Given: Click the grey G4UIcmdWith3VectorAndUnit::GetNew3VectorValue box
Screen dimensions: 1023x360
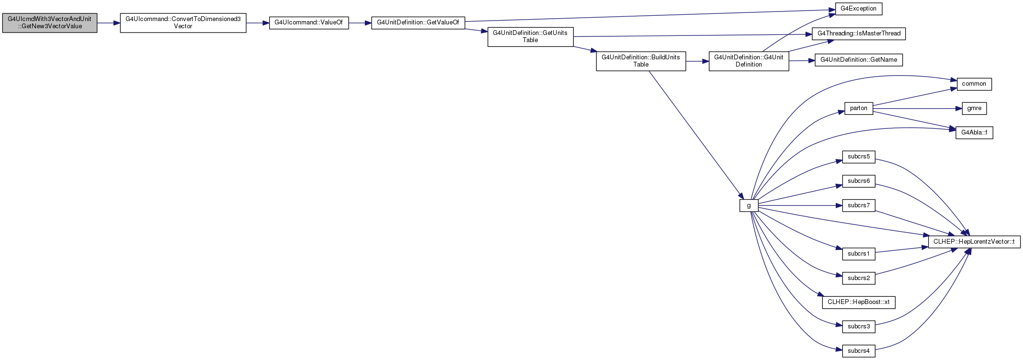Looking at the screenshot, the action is (x=50, y=22).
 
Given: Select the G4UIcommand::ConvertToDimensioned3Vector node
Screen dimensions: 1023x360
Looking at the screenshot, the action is (x=183, y=22).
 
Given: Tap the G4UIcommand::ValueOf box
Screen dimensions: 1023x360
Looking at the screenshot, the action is (x=309, y=22).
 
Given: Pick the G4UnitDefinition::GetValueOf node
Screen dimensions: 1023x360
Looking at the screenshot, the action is (x=418, y=22).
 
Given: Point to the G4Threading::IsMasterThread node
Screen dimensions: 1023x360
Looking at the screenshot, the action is (x=859, y=34).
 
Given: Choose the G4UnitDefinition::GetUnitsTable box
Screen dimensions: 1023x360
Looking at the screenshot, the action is (x=530, y=36).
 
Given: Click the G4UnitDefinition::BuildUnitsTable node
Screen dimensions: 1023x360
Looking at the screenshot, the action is (x=641, y=61).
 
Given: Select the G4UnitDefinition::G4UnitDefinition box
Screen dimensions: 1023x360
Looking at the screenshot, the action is (x=749, y=61).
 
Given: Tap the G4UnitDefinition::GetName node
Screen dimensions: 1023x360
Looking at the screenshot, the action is (x=859, y=60).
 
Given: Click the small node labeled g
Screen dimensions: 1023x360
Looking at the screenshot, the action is (x=749, y=206).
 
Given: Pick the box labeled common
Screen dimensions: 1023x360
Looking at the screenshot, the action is (x=974, y=84).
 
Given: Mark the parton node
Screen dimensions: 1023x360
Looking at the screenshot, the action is (x=859, y=108).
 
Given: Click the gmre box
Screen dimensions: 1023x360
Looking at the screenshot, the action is (x=974, y=109).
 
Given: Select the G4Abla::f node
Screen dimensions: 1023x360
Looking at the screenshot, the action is (x=974, y=133).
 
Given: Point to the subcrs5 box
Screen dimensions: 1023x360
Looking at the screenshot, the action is (x=859, y=157).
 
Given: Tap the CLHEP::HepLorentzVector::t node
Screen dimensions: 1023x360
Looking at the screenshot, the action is (x=974, y=242).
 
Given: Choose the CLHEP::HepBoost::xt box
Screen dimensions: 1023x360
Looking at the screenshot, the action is (x=859, y=303).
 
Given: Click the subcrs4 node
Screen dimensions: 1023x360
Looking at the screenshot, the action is (x=859, y=351).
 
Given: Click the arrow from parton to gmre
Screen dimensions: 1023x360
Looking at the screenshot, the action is (x=918, y=109).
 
